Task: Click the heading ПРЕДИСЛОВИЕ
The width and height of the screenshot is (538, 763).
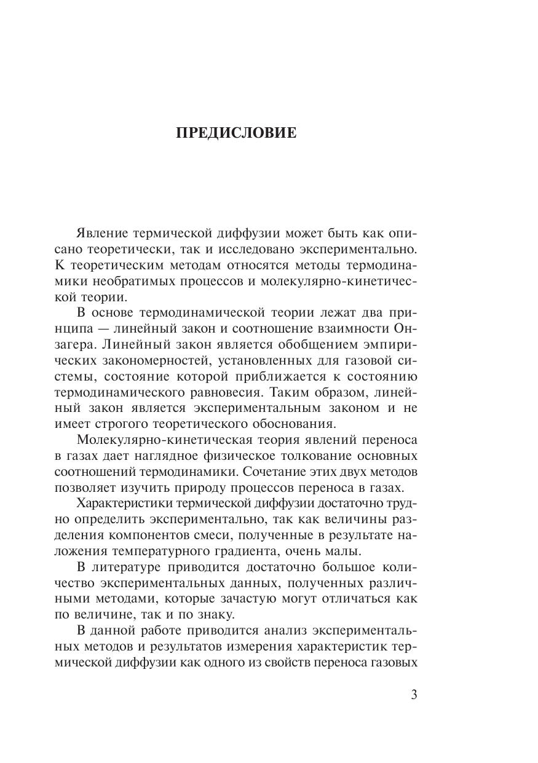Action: (236, 133)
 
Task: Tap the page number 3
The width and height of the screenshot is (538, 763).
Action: (413, 695)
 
